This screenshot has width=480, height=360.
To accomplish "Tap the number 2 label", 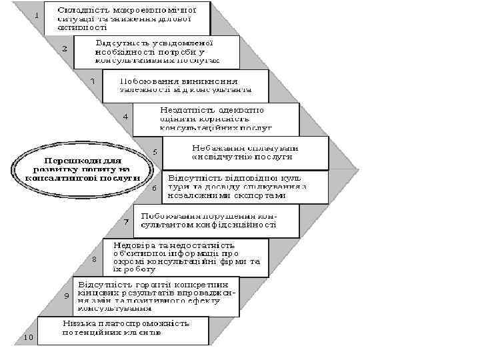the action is pyautogui.click(x=65, y=49).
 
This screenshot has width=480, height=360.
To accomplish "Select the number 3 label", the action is pyautogui.click(x=93, y=81).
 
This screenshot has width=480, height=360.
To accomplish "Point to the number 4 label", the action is pyautogui.click(x=125, y=117).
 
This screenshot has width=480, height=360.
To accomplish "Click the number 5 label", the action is pyautogui.click(x=155, y=152).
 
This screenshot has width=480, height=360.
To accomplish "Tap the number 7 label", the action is pyautogui.click(x=126, y=221).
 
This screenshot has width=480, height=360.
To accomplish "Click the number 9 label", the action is pyautogui.click(x=66, y=295).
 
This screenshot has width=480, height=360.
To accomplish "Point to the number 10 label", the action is pyautogui.click(x=29, y=337).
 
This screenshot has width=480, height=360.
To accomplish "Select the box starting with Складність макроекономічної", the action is pyautogui.click(x=126, y=18).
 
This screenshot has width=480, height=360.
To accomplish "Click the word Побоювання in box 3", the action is pyautogui.click(x=142, y=81).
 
